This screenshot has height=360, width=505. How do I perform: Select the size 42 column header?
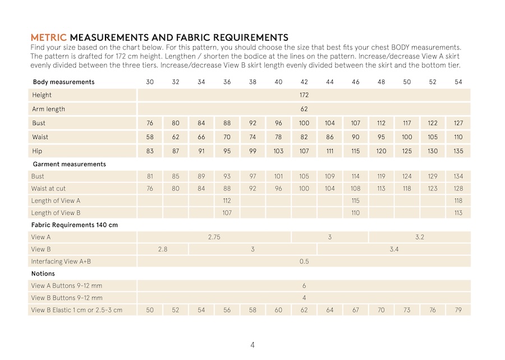tap(304, 82)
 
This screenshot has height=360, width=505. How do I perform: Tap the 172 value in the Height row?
tap(304, 95)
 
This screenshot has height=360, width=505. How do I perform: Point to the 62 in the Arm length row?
tap(304, 109)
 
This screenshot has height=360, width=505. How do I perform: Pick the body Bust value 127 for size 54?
tap(458, 123)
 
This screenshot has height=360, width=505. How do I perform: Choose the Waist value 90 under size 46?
tap(356, 137)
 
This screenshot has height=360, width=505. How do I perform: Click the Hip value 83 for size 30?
tap(150, 151)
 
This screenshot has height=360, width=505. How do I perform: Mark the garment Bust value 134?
tap(458, 176)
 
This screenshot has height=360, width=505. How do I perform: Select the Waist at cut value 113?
tap(381, 188)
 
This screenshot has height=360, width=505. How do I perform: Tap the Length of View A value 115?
tap(356, 201)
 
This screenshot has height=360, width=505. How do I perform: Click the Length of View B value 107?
tap(227, 213)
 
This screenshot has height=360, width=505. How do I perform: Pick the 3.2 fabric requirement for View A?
tap(420, 237)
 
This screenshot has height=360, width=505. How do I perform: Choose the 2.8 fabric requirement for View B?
tap(163, 249)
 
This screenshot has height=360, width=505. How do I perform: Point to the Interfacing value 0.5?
tap(304, 261)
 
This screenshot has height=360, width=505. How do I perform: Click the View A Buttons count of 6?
tap(304, 286)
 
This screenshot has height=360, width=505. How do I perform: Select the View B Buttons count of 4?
tap(304, 298)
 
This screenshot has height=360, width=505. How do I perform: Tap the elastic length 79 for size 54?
tap(458, 310)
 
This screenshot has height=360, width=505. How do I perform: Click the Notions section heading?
tap(43, 274)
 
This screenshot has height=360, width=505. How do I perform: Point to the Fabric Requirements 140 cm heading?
tap(75, 225)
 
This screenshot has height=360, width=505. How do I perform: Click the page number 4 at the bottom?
tap(252, 344)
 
